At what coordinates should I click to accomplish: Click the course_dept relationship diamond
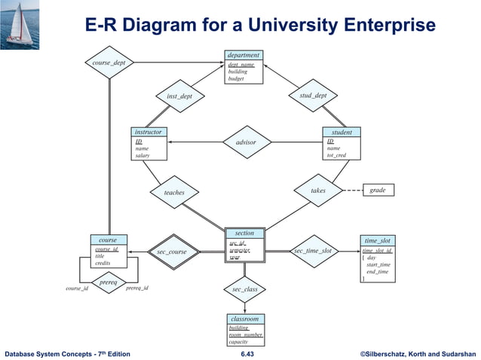tap(109, 63)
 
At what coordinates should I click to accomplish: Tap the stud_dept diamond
tap(313, 96)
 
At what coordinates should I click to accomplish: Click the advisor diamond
tap(246, 142)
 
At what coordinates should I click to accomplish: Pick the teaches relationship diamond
tap(174, 193)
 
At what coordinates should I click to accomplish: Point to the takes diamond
tap(318, 191)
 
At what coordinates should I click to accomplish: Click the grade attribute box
tap(378, 191)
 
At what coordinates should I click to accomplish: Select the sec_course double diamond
tap(172, 252)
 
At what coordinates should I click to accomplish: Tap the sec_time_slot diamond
tap(312, 251)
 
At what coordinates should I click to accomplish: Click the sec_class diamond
tap(245, 289)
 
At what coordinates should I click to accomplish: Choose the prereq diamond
tap(109, 282)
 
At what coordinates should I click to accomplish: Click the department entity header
tap(244, 55)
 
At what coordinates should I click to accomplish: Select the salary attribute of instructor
tap(142, 156)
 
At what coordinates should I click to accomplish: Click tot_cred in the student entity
tap(336, 156)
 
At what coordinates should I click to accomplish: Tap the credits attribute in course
tap(103, 263)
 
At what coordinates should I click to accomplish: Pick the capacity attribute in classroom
tap(238, 342)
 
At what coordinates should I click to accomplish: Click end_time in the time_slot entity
tap(378, 272)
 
